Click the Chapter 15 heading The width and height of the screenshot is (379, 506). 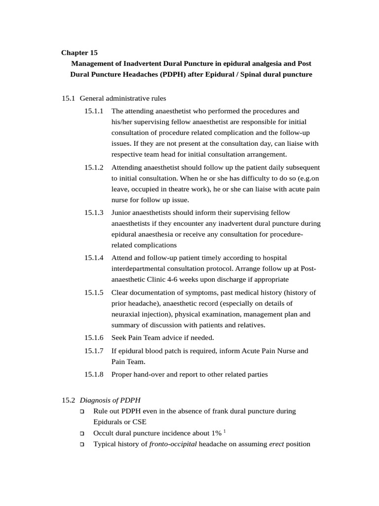click(x=79, y=52)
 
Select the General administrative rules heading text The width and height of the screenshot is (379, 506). click(x=126, y=98)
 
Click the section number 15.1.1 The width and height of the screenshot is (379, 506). click(x=94, y=111)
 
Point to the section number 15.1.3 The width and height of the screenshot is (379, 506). click(x=94, y=212)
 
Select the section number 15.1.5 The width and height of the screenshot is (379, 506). click(x=94, y=293)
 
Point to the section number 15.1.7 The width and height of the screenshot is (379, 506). click(x=94, y=351)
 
